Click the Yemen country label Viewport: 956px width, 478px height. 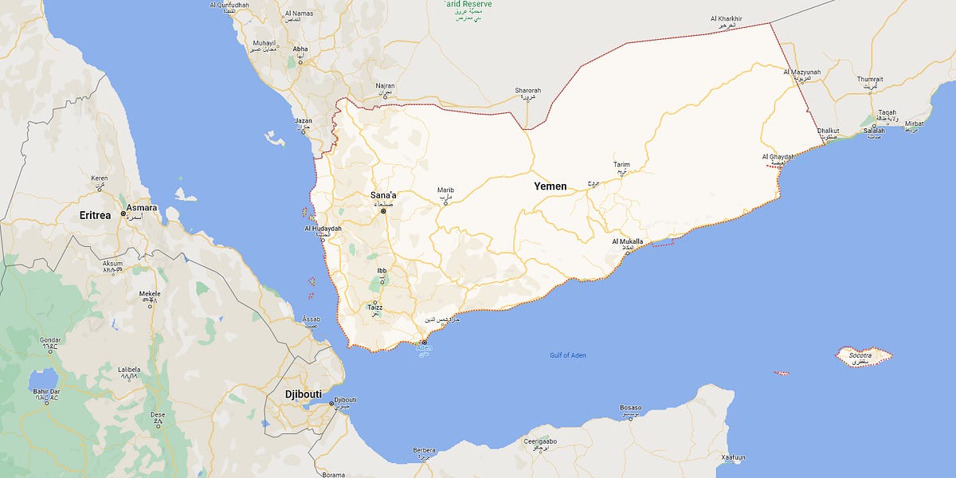tap(550, 186)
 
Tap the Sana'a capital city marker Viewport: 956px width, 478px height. tap(383, 212)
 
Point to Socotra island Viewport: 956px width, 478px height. tap(863, 356)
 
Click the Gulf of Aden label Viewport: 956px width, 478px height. tap(567, 355)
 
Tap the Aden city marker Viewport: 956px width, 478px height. tap(424, 342)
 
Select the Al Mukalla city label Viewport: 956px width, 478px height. tap(627, 241)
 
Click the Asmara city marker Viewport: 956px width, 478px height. tap(123, 214)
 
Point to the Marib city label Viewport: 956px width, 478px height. tap(445, 190)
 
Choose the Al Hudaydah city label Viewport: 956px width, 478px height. tap(323, 229)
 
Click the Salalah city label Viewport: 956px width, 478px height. tap(874, 131)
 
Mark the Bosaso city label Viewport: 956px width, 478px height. tap(630, 408)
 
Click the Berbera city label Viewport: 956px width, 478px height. tap(425, 450)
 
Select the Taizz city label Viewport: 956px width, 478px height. tap(374, 307)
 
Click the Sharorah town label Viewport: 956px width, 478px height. tap(527, 90)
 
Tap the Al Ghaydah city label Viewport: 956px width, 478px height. tap(778, 156)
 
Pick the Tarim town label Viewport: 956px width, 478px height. tap(621, 164)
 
